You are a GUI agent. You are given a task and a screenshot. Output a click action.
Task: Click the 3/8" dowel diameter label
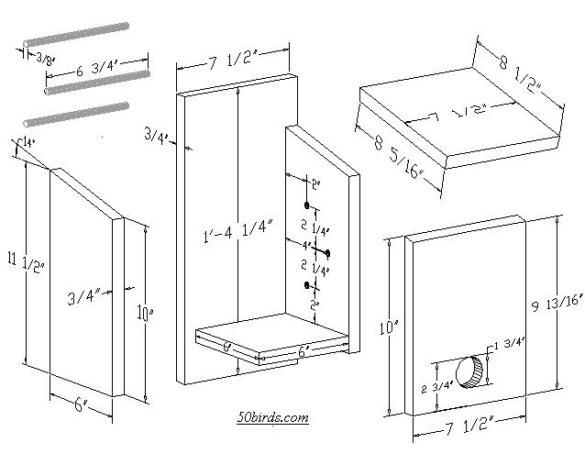tap(43, 59)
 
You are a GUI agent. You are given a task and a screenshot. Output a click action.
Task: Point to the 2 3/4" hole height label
tap(436, 387)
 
